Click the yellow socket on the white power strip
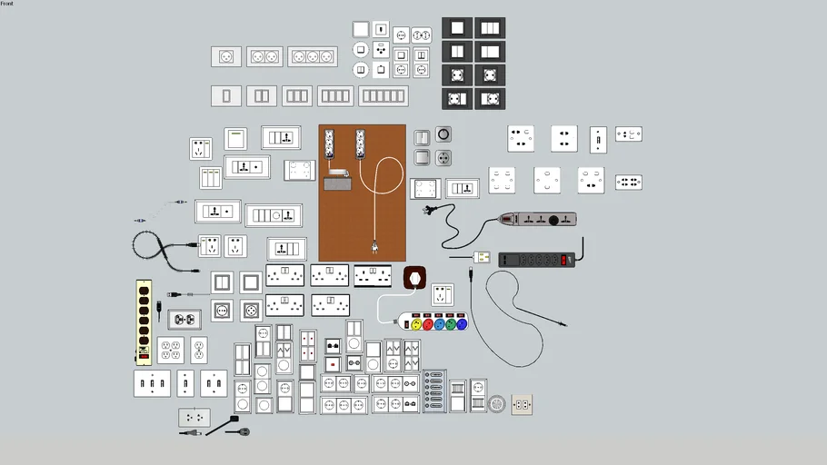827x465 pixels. [x=417, y=322]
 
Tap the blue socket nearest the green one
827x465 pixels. [x=451, y=322]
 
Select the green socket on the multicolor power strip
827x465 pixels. [x=439, y=322]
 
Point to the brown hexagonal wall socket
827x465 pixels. [x=414, y=276]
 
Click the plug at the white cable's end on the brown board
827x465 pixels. [x=374, y=246]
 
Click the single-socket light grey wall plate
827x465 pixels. [x=226, y=56]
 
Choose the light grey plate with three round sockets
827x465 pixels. [x=313, y=56]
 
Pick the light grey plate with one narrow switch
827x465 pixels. [x=226, y=95]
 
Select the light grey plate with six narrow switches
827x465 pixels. [x=384, y=95]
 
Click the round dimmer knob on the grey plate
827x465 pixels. [x=443, y=134]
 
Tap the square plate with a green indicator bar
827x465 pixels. [x=235, y=138]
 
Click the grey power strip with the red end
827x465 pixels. [x=537, y=220]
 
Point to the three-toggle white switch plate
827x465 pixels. [x=152, y=383]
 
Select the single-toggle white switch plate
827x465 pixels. [x=185, y=383]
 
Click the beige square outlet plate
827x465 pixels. [x=522, y=404]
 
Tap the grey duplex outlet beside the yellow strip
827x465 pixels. [x=184, y=320]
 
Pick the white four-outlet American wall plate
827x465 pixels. [x=170, y=350]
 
